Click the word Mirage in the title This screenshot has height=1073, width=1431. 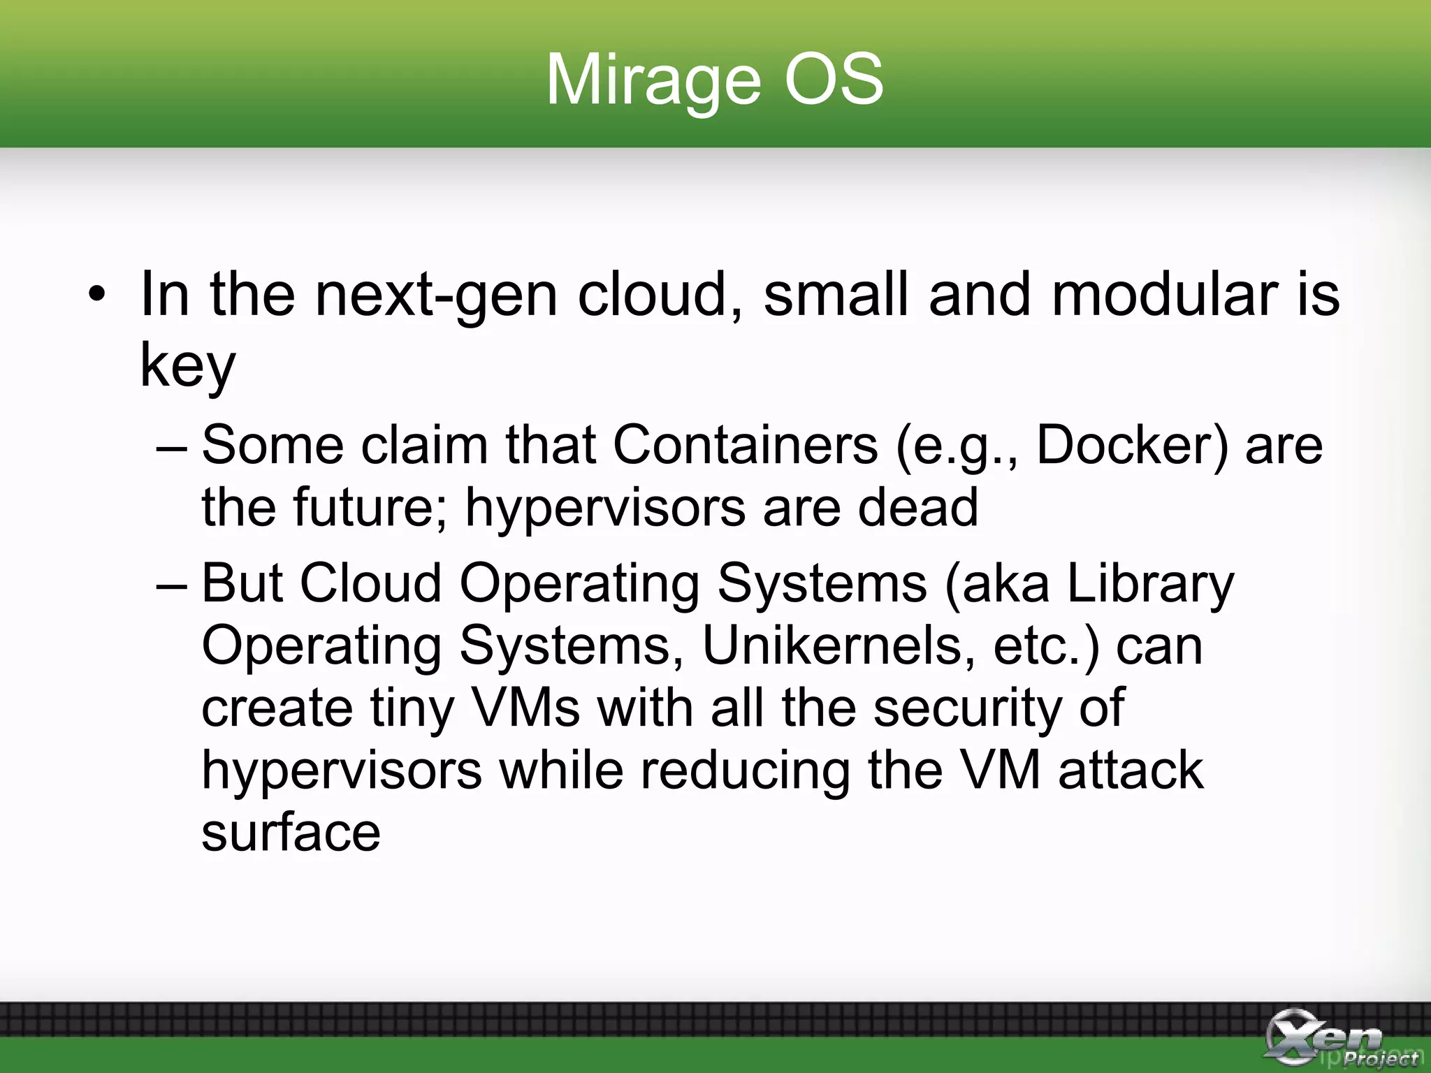point(653,80)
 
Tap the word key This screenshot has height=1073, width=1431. point(187,366)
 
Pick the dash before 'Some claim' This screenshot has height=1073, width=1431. point(172,446)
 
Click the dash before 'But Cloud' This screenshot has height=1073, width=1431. point(172,584)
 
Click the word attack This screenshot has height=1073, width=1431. point(1131,770)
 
